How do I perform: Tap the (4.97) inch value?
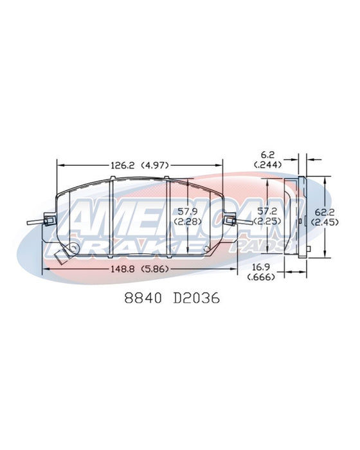pyautogui.click(x=155, y=165)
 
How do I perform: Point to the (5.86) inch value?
pyautogui.click(x=155, y=269)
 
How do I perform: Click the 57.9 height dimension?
pyautogui.click(x=188, y=212)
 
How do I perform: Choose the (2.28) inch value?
pyautogui.click(x=188, y=222)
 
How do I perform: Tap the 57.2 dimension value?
pyautogui.click(x=267, y=212)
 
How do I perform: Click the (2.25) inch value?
pyautogui.click(x=267, y=221)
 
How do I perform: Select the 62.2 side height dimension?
pyautogui.click(x=325, y=213)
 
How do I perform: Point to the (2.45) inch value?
pyautogui.click(x=325, y=222)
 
